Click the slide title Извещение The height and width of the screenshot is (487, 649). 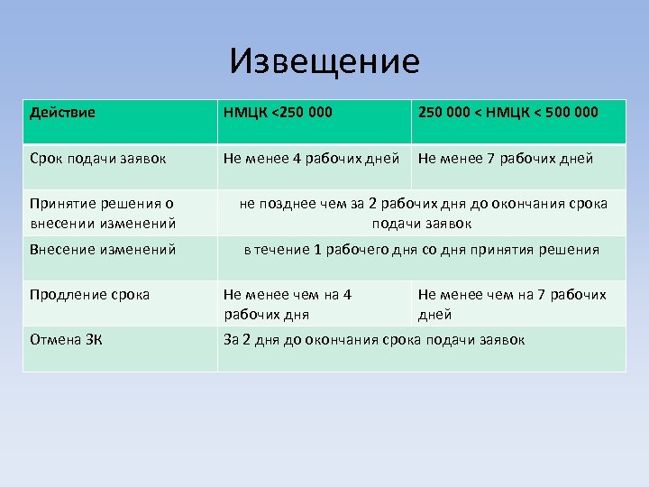pos(324,61)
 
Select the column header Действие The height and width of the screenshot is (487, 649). pos(62,113)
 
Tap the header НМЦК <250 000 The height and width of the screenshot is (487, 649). pos(278,113)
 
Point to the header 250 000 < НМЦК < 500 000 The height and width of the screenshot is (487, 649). pos(507,113)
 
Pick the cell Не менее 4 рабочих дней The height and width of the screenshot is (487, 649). pos(311,159)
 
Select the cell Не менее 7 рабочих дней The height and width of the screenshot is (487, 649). pos(506,159)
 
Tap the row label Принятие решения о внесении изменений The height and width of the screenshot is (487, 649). pos(102,213)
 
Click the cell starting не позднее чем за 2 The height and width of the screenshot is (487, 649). pos(423,213)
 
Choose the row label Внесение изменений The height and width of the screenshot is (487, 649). pos(102,250)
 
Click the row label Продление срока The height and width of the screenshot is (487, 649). pos(89,295)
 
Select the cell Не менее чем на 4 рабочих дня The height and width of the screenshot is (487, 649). pos(288,304)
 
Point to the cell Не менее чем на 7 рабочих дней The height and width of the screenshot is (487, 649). pos(512,304)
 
